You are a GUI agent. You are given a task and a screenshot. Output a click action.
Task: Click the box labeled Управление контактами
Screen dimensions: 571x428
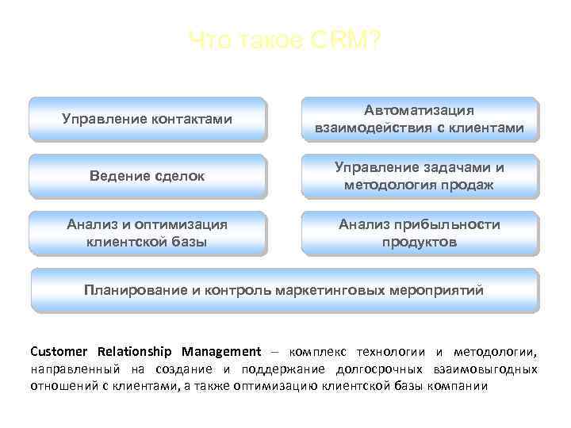pos(147,119)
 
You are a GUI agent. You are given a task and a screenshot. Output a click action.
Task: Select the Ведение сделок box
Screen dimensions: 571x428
pos(147,176)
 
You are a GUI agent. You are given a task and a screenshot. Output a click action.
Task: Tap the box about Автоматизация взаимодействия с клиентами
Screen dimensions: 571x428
pos(420,119)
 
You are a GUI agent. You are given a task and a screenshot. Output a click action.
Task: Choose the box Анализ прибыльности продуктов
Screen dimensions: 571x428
pos(420,233)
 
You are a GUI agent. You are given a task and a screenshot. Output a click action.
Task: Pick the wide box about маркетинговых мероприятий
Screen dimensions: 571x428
pos(284,289)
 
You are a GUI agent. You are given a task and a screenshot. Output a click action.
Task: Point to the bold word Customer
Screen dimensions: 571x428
pos(59,351)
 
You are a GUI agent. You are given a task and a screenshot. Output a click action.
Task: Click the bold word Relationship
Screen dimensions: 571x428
pos(136,351)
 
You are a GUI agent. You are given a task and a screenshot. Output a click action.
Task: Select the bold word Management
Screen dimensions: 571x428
pos(220,351)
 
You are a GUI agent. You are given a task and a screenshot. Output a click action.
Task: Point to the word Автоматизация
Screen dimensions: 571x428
pos(420,110)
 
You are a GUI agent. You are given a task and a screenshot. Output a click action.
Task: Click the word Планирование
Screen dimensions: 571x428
pos(136,289)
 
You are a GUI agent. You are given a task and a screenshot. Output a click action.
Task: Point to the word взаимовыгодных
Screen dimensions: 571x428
pos(486,369)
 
